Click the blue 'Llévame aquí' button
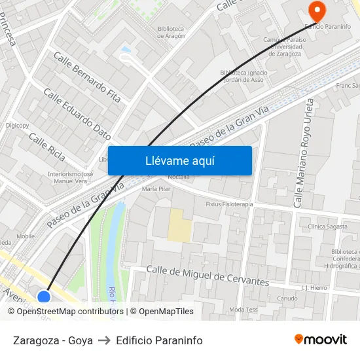[179, 160]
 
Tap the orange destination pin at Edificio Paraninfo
[317, 9]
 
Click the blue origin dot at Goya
[44, 298]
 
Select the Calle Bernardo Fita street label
[87, 77]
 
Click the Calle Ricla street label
[47, 150]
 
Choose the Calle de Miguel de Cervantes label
[207, 276]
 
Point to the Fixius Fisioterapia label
[229, 204]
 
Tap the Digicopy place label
[17, 125]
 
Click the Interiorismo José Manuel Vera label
[71, 177]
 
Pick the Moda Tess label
[243, 310]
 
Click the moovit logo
[321, 339]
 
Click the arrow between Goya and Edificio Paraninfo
[104, 340]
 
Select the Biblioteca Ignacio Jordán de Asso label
[243, 76]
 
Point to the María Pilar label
[156, 189]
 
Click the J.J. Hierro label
[314, 287]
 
